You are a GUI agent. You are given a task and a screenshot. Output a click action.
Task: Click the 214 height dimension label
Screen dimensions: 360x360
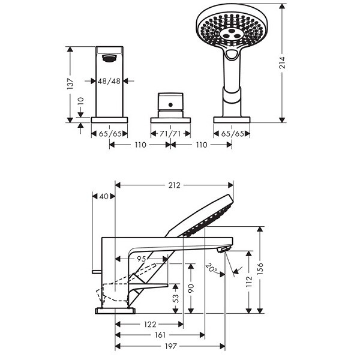(x=282, y=62)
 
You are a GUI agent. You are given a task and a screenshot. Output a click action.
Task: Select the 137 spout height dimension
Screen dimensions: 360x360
(x=70, y=84)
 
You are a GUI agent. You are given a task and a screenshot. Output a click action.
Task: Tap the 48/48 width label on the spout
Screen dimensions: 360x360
(x=109, y=81)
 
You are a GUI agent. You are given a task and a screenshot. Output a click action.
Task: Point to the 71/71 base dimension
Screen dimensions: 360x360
(x=170, y=133)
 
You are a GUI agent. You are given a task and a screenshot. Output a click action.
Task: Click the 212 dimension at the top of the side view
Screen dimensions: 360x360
(x=175, y=185)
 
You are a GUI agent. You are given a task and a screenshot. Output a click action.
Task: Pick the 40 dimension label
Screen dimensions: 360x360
(x=104, y=196)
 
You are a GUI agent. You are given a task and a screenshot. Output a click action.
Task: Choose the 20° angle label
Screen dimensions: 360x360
(x=212, y=268)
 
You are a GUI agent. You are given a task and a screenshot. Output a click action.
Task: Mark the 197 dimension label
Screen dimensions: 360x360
(x=171, y=346)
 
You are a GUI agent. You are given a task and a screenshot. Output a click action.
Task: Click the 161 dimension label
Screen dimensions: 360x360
(x=160, y=335)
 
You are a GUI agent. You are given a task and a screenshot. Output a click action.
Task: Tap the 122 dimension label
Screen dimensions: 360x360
(x=150, y=324)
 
